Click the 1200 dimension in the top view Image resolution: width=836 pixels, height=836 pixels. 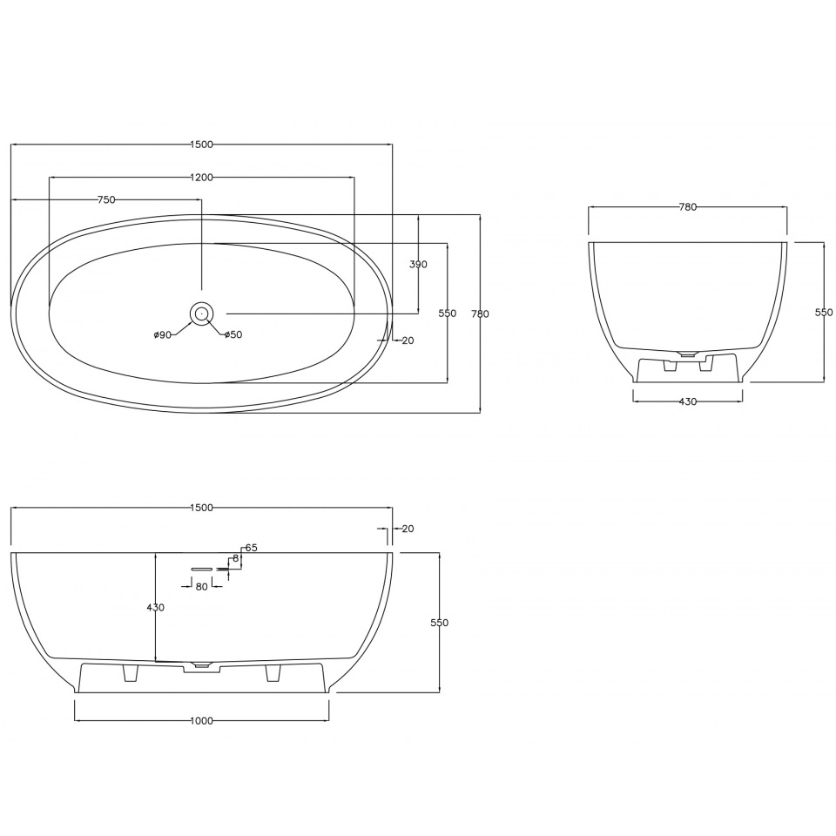[201, 178]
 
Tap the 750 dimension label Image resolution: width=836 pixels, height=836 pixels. [106, 200]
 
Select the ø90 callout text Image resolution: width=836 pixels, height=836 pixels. [162, 334]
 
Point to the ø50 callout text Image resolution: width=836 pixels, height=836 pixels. [233, 334]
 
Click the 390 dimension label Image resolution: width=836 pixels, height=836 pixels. [419, 265]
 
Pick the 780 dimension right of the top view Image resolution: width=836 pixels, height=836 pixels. [480, 314]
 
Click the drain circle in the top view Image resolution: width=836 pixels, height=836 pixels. [201, 313]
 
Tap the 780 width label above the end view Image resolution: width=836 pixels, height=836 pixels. [688, 207]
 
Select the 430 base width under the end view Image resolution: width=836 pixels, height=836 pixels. [688, 401]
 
